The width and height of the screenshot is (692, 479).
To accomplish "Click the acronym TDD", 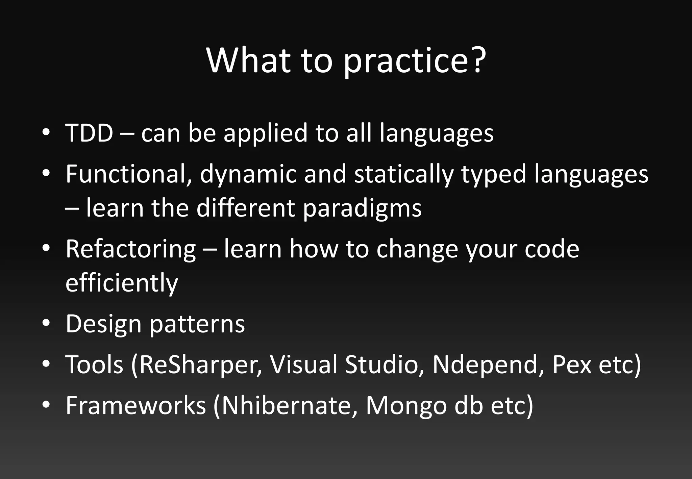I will [x=89, y=133].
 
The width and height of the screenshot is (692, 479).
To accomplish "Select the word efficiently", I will [x=122, y=283].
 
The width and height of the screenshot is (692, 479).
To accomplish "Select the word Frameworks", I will [x=135, y=405].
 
